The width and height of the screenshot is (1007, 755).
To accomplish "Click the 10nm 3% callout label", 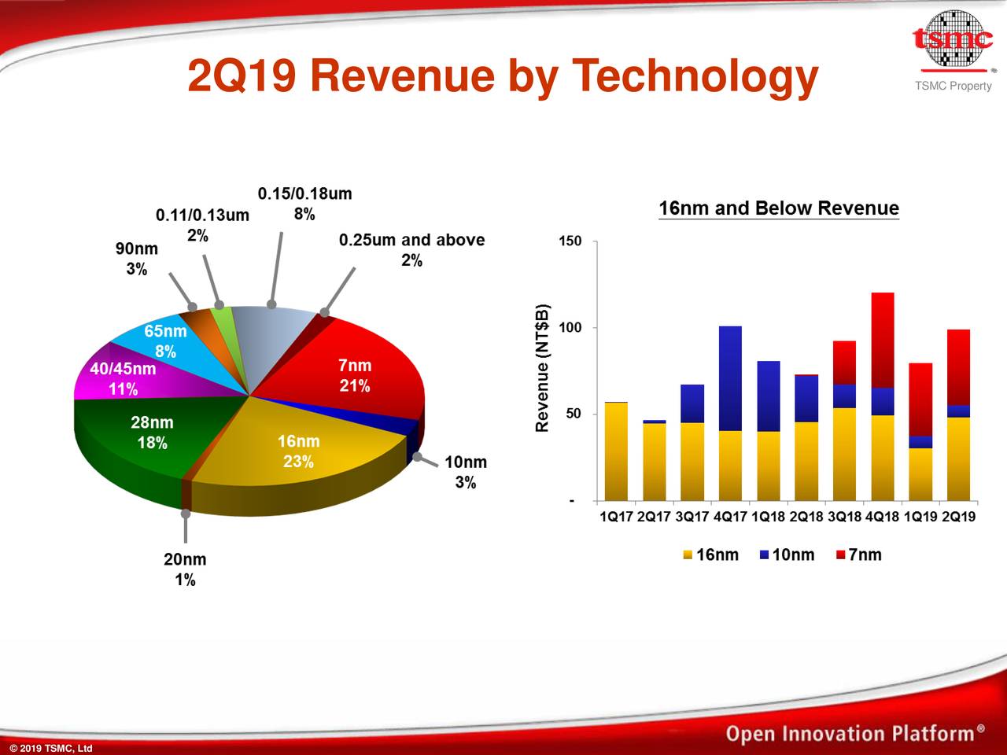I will pyautogui.click(x=465, y=472).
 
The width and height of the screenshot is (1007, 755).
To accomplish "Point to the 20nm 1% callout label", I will pyautogui.click(x=185, y=569).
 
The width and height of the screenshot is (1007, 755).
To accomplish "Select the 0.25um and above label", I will pyautogui.click(x=411, y=249).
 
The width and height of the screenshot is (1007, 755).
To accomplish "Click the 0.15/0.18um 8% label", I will pyautogui.click(x=304, y=204).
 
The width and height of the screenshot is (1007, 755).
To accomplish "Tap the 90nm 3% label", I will pyautogui.click(x=137, y=259).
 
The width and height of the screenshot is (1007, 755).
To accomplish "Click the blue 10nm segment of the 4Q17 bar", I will pyautogui.click(x=730, y=377).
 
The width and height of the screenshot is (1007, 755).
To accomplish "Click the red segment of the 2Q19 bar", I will pyautogui.click(x=958, y=366).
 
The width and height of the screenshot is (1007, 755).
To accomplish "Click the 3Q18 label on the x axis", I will pyautogui.click(x=844, y=517).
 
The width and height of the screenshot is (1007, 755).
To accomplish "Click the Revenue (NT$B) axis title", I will pyautogui.click(x=541, y=367).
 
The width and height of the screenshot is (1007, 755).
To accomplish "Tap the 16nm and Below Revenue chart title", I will pyautogui.click(x=778, y=208).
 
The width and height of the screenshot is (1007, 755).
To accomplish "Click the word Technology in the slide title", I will pyautogui.click(x=695, y=76).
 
